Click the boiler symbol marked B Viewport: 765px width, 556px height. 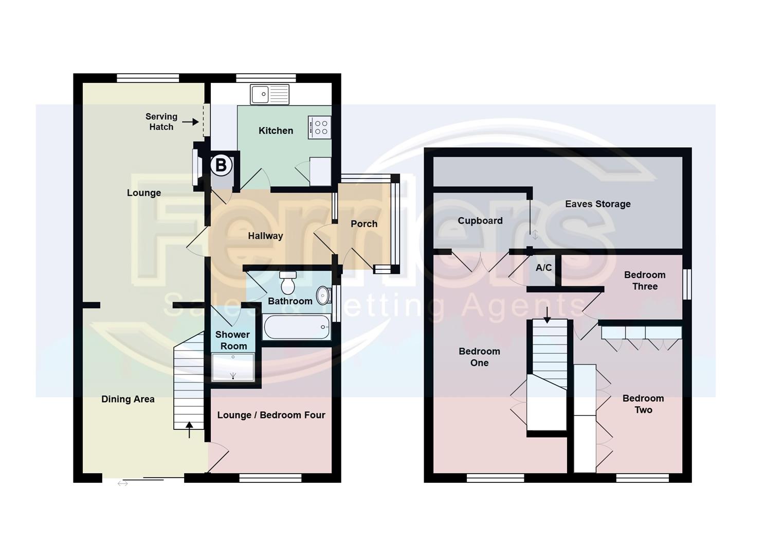tap(221, 165)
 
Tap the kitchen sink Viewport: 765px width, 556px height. tap(269, 95)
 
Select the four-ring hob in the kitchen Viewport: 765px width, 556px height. tap(320, 127)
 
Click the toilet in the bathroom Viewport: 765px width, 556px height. tap(288, 283)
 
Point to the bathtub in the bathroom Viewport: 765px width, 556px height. tap(296, 327)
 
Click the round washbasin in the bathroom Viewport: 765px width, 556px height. tap(323, 295)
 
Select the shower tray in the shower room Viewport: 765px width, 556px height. tap(233, 367)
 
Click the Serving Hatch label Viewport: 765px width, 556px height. tap(161, 121)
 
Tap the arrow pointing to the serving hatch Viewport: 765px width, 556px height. tap(190, 122)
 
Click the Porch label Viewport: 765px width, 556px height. tap(364, 224)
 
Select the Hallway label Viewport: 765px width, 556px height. tap(265, 236)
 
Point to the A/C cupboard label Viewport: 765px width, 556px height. tap(543, 268)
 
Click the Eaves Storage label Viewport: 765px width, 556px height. tap(597, 204)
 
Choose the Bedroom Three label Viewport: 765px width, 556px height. tap(645, 281)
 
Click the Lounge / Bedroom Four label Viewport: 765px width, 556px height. tap(271, 415)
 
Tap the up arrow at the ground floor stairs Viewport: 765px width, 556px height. tap(189, 429)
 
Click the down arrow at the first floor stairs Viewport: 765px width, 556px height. tap(547, 314)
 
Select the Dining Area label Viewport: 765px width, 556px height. tap(128, 399)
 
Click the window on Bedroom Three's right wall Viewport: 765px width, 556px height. tap(687, 284)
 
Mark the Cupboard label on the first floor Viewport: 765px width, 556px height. tap(480, 220)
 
